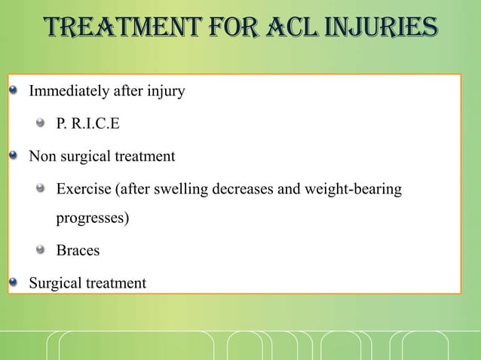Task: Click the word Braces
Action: tap(78, 251)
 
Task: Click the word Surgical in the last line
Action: tap(55, 283)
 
